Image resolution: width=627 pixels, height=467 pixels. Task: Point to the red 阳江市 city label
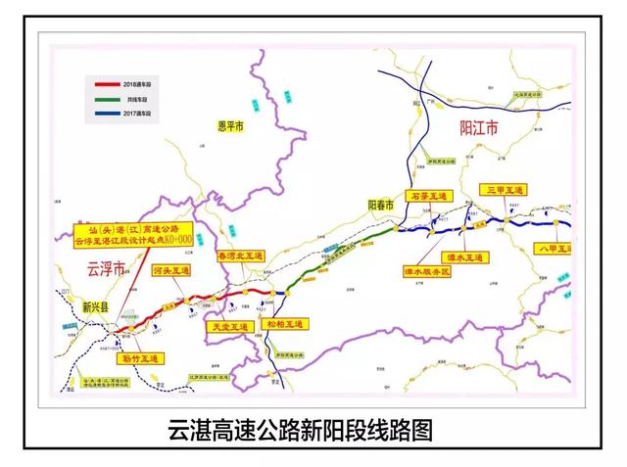pos(480,127)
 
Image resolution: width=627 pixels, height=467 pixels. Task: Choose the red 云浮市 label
pos(100,267)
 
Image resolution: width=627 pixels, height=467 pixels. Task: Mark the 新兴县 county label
pos(98,306)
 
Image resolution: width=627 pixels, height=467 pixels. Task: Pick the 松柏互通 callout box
pos(286,323)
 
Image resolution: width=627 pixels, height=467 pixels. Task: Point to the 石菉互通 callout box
pos(426,198)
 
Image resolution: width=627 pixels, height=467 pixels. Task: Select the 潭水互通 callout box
pos(465,257)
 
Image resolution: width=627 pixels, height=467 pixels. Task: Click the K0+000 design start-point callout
pos(132,235)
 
